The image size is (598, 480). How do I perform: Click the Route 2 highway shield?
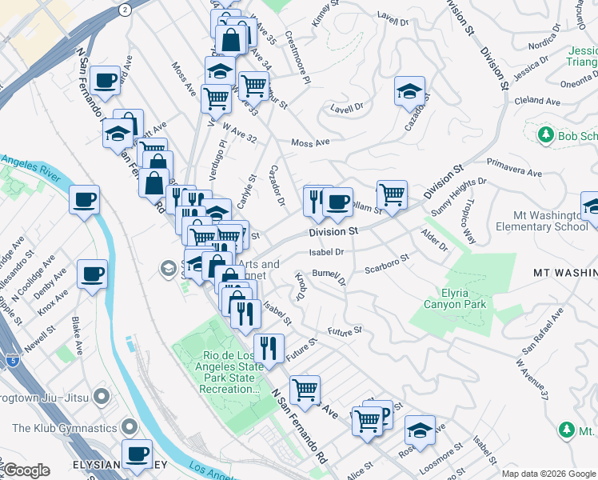[125, 9]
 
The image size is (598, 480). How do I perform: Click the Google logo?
[26, 470]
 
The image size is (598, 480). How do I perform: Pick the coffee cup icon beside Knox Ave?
[92, 274]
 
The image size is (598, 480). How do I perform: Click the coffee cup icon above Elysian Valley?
[136, 454]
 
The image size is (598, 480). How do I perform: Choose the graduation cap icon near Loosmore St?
[420, 430]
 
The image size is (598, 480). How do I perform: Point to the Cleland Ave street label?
[537, 102]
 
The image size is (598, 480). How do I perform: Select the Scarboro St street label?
[387, 263]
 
